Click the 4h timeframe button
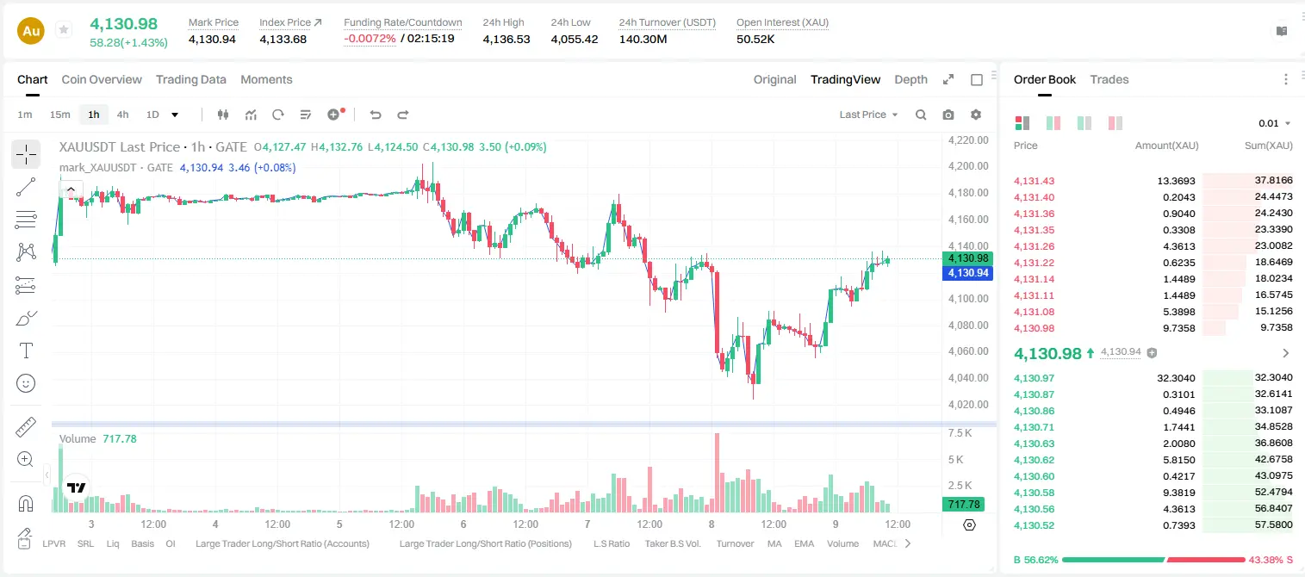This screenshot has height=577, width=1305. tap(122, 115)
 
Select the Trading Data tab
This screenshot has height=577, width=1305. tap(191, 79)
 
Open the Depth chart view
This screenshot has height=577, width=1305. tap(910, 79)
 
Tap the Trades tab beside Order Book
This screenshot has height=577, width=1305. tap(1109, 79)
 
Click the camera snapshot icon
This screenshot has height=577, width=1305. tap(948, 115)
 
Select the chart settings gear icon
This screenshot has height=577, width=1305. tap(976, 115)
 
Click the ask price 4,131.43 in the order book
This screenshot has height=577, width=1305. tap(1035, 181)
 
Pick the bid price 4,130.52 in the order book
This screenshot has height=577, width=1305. tap(1035, 525)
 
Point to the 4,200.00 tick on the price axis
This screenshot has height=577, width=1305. tap(968, 166)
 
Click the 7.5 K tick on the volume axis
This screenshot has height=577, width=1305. tap(960, 433)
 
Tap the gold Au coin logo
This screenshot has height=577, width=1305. tap(31, 31)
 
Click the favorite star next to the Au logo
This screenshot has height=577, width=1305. tap(64, 29)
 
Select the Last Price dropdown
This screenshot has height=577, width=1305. tap(868, 115)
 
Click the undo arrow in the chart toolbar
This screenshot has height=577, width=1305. tap(376, 115)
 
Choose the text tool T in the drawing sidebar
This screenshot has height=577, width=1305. tap(26, 351)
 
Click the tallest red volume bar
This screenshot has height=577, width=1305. tap(718, 473)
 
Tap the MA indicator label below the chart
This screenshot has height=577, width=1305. tap(774, 543)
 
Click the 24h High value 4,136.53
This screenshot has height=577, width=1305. tap(506, 39)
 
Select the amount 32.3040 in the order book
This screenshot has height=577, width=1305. tap(1176, 378)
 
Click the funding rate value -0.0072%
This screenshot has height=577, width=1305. tap(370, 39)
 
